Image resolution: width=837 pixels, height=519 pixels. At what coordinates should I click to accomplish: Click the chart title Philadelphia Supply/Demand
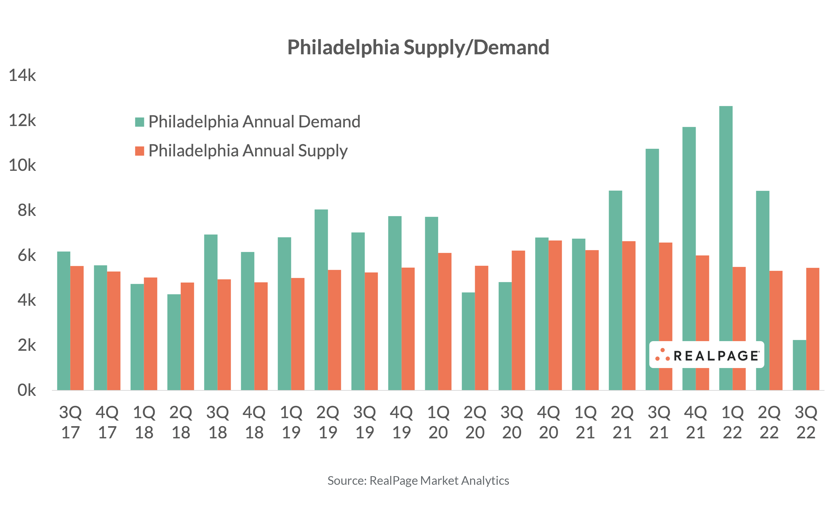(x=418, y=47)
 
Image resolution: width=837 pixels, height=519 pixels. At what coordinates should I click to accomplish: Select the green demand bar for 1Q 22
(x=725, y=223)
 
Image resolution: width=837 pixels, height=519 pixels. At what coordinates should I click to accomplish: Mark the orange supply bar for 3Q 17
(x=77, y=328)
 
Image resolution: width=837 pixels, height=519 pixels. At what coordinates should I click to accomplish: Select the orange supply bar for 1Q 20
(x=445, y=321)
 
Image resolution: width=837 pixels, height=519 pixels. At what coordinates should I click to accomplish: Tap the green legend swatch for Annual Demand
(x=139, y=122)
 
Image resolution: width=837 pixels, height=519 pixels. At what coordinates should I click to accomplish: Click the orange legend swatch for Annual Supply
(x=139, y=151)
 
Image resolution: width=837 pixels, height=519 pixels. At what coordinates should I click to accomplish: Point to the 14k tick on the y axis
(x=22, y=75)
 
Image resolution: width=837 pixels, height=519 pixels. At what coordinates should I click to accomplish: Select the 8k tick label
(x=26, y=211)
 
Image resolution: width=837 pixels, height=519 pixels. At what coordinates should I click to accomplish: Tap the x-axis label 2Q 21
(x=622, y=422)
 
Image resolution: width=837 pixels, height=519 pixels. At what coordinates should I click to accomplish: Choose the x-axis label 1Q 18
(x=144, y=422)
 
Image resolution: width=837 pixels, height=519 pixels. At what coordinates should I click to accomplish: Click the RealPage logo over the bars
(x=707, y=355)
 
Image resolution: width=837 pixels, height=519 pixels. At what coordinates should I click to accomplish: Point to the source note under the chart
(x=418, y=481)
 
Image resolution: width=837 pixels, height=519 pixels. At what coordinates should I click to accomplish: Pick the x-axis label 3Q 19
(x=364, y=422)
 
